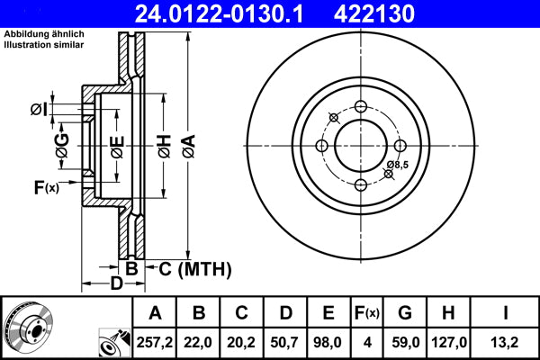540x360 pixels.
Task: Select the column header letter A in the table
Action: (x=155, y=312)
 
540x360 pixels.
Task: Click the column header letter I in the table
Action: (x=508, y=312)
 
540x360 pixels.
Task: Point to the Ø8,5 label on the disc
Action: (x=398, y=165)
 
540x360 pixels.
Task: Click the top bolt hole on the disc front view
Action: (x=361, y=107)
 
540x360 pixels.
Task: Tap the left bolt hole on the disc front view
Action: (x=322, y=146)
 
